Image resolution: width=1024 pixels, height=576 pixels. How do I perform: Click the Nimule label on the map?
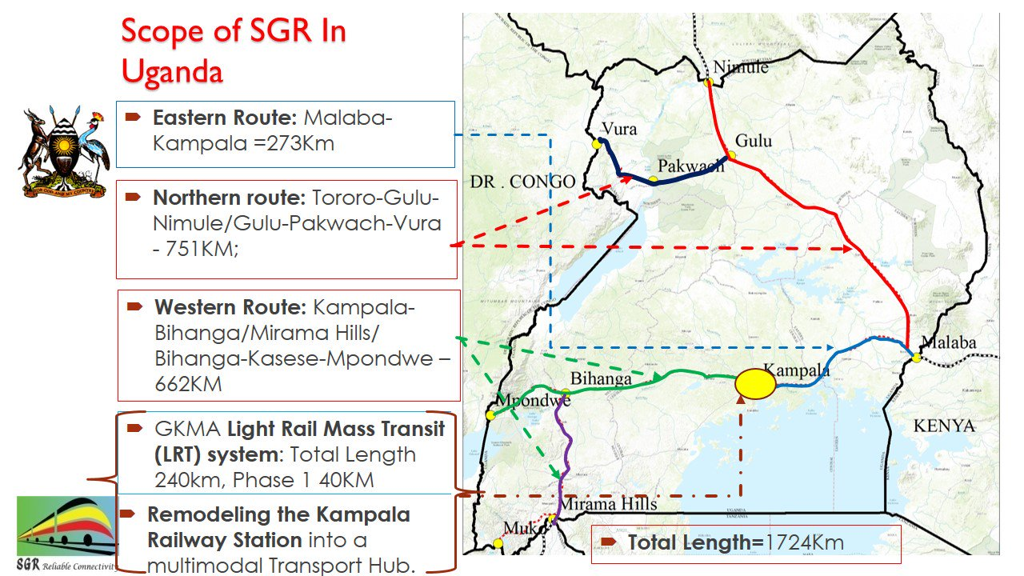[740, 67]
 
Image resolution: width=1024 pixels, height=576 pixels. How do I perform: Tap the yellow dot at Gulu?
[731, 155]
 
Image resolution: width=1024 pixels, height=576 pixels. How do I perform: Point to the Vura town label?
[620, 130]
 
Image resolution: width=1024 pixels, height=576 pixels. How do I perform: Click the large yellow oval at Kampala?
[755, 383]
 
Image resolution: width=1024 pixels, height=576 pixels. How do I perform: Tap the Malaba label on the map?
[949, 342]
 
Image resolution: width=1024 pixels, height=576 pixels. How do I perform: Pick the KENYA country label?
[944, 426]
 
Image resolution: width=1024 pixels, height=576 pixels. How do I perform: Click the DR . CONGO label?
[522, 182]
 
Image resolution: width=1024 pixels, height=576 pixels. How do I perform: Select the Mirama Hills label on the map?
[607, 504]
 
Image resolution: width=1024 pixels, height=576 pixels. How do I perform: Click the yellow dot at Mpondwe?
[490, 415]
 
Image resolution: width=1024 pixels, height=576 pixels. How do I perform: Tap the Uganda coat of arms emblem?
[63, 152]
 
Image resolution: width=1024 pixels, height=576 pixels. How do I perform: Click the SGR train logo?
[66, 528]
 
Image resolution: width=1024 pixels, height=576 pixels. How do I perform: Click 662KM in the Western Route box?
[188, 384]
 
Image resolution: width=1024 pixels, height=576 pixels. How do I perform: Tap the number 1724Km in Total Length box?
[805, 543]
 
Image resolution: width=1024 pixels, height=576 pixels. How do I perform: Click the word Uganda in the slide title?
[171, 71]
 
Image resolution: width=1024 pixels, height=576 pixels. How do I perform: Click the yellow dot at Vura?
[597, 144]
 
